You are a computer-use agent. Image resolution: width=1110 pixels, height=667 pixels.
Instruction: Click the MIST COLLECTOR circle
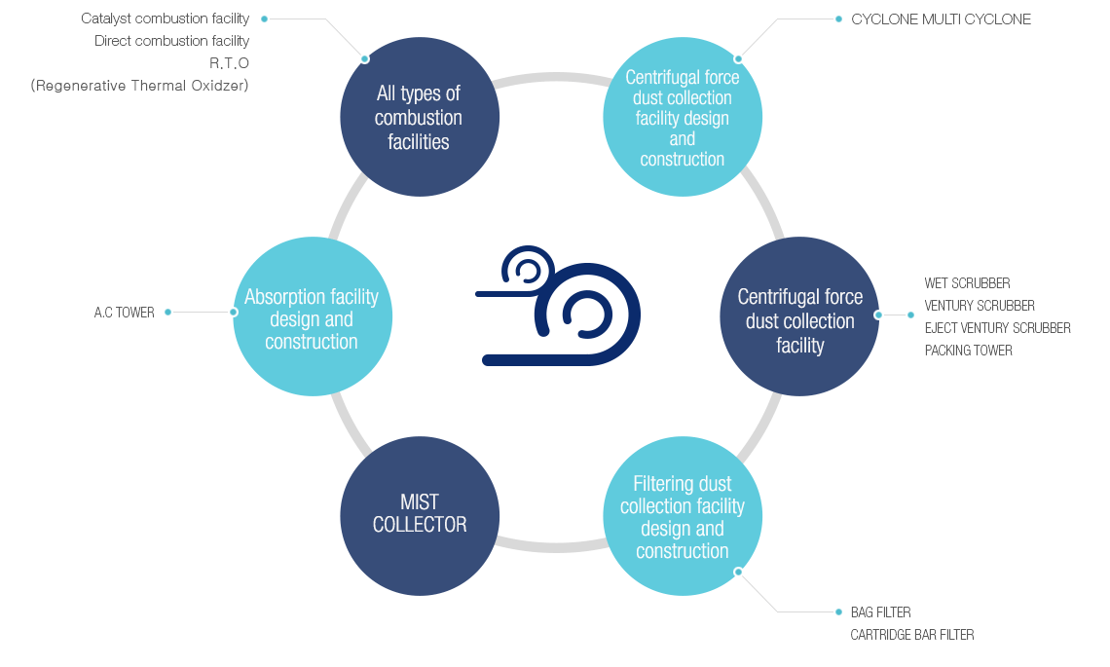tap(420, 515)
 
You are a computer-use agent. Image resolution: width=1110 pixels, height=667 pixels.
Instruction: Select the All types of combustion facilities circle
tap(420, 117)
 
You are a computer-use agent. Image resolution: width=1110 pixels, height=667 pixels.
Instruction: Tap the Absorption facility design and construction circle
tap(312, 316)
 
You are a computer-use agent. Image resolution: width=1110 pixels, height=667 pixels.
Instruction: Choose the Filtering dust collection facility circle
tap(683, 516)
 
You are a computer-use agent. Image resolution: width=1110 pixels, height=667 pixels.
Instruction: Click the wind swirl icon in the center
tap(558, 306)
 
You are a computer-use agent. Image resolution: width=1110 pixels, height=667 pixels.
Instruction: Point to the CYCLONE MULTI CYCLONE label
tap(941, 19)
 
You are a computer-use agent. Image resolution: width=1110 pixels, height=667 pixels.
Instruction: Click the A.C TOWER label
tap(125, 313)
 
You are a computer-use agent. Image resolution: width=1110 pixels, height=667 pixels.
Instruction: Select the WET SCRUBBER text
tap(967, 283)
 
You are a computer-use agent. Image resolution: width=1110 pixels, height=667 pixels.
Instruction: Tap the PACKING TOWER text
tap(968, 351)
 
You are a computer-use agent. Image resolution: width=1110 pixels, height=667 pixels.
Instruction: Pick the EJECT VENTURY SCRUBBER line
tap(997, 328)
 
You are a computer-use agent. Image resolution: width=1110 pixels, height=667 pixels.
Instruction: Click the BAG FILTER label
tap(880, 612)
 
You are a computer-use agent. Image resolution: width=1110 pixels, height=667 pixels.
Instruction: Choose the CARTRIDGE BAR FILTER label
tap(911, 635)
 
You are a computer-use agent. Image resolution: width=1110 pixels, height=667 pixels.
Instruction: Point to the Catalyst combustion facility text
tap(166, 19)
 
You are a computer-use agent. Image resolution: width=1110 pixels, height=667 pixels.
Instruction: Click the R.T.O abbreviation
tap(229, 63)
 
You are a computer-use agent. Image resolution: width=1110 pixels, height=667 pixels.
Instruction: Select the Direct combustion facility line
tap(172, 41)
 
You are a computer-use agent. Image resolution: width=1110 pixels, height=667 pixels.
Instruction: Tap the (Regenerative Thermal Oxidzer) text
tap(140, 86)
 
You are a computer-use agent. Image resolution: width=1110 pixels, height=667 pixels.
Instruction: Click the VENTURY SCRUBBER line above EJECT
tap(980, 306)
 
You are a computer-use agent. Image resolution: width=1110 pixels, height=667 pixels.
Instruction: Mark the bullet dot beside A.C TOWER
tap(168, 313)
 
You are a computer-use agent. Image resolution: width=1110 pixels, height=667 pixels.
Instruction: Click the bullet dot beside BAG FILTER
tap(838, 612)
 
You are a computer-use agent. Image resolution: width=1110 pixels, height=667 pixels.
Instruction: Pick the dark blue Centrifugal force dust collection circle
tap(799, 316)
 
